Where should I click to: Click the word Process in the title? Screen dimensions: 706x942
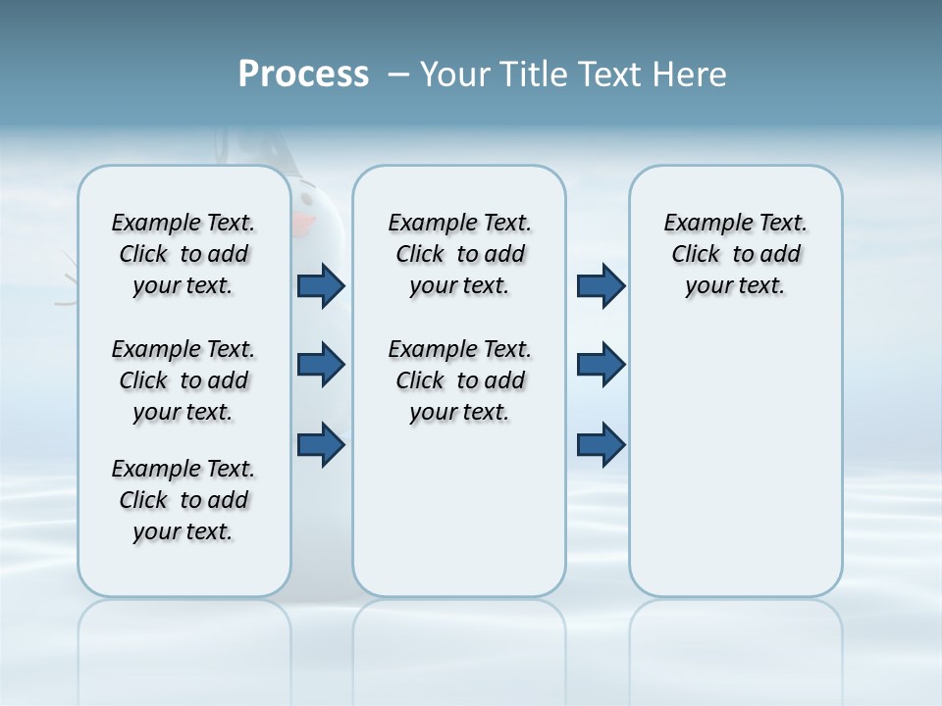pos(303,75)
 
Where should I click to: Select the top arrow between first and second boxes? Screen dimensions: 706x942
pos(321,286)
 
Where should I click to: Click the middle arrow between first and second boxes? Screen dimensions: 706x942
pos(321,365)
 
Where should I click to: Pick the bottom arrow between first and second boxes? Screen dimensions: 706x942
pos(321,444)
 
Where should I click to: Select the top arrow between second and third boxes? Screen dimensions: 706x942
pos(601,286)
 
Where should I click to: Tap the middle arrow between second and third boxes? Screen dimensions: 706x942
pos(601,365)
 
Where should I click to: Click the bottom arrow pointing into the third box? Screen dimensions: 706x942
pos(601,444)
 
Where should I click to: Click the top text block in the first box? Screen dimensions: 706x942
pos(183,254)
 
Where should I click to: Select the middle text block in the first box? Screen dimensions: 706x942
pos(183,380)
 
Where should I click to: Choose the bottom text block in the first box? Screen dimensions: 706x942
pos(183,500)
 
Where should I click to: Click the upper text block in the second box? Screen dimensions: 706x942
pos(459,254)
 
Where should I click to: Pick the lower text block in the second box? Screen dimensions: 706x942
pos(459,380)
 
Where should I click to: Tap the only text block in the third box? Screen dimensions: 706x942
pos(735,254)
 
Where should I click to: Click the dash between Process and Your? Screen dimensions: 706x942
pos(398,75)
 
